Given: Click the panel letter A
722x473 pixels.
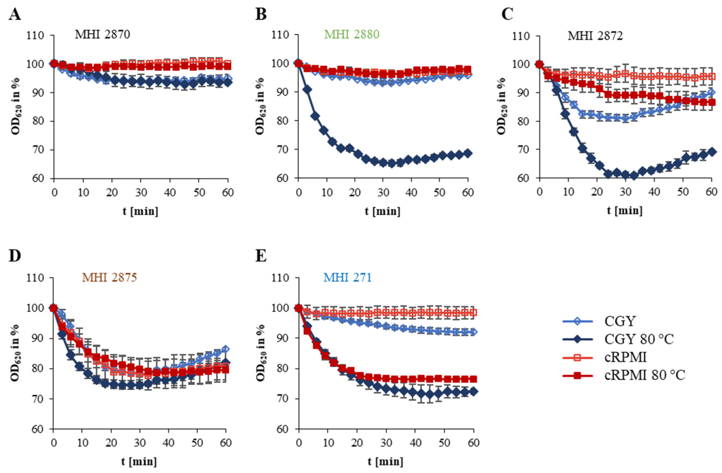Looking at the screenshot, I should point(15,14).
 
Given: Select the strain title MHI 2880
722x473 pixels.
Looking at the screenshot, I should point(352,34).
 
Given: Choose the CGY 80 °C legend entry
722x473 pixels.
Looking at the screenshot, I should point(639,339).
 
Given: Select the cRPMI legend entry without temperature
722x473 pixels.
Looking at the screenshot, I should point(625,357).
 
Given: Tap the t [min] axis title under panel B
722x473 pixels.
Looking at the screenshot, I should point(382,211).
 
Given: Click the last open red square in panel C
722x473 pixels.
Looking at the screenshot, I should point(711,76).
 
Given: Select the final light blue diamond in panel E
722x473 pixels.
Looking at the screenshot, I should point(473,332).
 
